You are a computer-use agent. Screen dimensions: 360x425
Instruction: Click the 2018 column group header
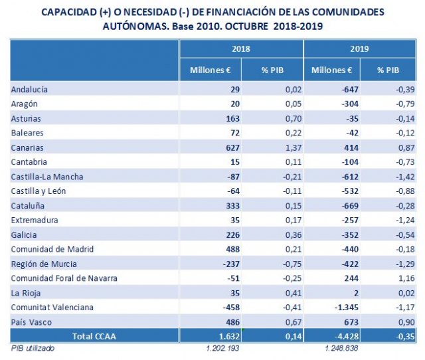241,49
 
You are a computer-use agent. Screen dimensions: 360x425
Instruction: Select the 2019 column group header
359,49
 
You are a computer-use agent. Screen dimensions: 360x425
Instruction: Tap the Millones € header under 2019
331,70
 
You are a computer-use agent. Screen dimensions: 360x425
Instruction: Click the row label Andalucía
30,90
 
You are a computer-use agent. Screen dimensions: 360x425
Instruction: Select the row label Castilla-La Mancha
46,177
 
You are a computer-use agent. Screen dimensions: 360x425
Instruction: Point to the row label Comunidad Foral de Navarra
64,278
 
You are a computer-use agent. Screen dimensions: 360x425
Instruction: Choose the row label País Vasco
31,321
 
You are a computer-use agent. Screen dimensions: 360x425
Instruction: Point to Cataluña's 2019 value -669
348,206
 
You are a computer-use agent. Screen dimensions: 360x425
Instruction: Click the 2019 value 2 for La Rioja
357,293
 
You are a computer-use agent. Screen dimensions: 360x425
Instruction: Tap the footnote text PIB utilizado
33,348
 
